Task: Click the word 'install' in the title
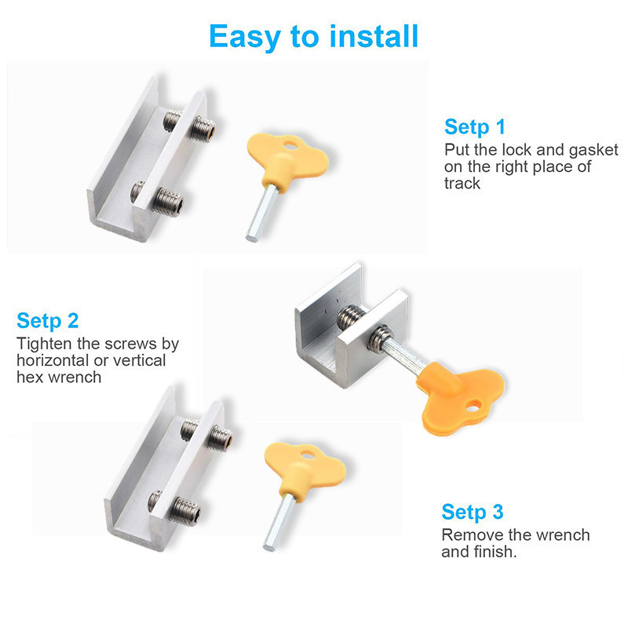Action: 374,36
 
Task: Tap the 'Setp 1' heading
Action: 475,127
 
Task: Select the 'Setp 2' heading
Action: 48,321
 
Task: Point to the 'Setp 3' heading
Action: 473,513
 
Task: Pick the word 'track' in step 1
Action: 462,184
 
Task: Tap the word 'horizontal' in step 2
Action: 52,360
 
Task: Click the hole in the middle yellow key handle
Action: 473,407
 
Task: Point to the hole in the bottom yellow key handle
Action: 308,455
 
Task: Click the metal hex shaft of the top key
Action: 261,213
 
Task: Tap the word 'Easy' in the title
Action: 245,37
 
